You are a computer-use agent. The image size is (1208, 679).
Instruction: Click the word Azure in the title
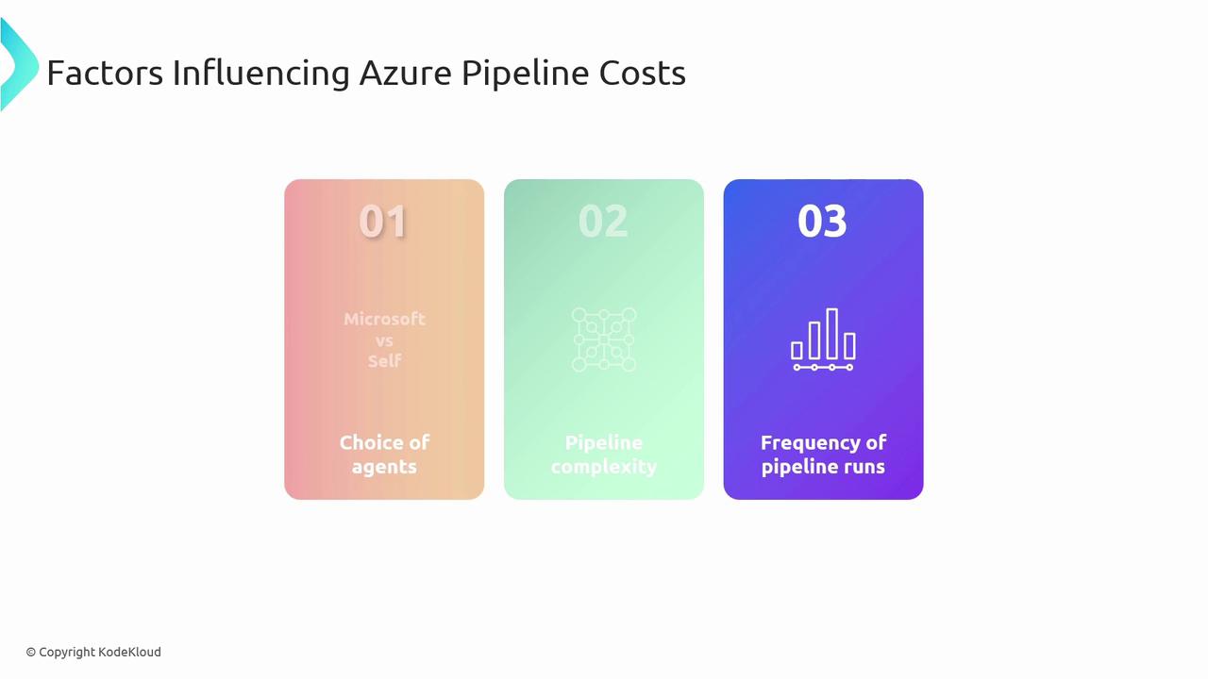coord(405,73)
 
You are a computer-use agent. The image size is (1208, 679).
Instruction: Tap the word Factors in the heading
coord(105,73)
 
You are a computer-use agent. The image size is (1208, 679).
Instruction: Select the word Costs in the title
coord(643,73)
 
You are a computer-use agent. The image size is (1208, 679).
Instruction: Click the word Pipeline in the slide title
coord(525,74)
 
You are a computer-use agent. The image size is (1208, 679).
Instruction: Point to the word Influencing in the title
coord(261,74)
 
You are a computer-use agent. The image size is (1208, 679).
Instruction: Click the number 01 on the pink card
coord(383,221)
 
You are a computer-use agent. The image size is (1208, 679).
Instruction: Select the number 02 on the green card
coord(603,221)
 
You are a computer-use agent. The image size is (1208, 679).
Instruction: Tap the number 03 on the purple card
coord(822,221)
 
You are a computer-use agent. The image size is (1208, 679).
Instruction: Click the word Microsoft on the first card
coord(384,319)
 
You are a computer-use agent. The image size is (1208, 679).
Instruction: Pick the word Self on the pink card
coord(384,360)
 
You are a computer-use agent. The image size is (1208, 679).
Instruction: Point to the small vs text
coord(384,341)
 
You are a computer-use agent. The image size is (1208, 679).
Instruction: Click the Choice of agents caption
coord(384,455)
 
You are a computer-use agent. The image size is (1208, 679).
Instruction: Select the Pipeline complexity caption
coord(603,455)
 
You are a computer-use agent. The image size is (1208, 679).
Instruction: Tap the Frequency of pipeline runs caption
coord(823,455)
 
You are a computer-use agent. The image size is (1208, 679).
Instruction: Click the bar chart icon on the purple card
coord(823,339)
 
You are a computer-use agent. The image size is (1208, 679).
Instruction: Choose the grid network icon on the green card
coord(603,339)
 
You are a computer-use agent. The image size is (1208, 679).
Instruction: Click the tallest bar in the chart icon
coord(832,334)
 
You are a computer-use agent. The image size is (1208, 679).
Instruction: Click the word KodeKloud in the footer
coord(129,652)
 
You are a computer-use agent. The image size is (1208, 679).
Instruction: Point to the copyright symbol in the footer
coord(31,653)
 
